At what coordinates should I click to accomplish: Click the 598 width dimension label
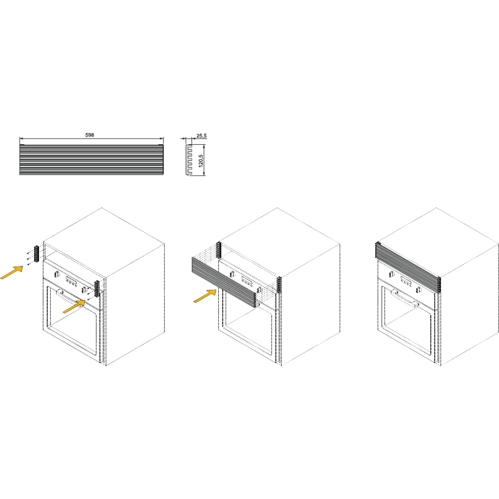click(x=90, y=135)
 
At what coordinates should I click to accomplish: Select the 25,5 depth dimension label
click(x=202, y=136)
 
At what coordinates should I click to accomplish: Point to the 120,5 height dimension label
click(x=201, y=160)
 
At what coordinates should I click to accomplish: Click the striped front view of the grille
click(x=91, y=160)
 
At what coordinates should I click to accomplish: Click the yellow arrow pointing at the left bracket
click(x=12, y=272)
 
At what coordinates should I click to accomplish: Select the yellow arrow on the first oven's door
click(x=75, y=306)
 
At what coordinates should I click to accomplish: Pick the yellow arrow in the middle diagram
click(x=205, y=296)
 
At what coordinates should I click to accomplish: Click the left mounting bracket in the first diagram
click(x=36, y=252)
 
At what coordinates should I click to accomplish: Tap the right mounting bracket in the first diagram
click(x=97, y=288)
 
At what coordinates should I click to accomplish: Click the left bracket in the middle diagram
click(x=219, y=250)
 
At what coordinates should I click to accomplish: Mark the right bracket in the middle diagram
click(x=279, y=284)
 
